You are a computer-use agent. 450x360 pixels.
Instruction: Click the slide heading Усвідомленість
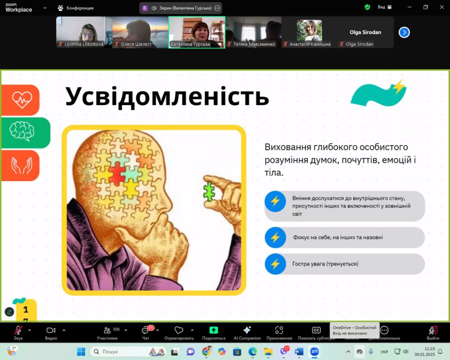pos(167,96)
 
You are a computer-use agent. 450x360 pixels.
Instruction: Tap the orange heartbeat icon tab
pos(20,100)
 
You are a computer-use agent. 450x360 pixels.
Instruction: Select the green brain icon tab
pos(25,132)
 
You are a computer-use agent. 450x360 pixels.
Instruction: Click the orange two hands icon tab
pos(20,165)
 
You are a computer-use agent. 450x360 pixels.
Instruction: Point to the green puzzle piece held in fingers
pos(209,191)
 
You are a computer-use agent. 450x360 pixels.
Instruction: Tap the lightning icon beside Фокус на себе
pos(275,237)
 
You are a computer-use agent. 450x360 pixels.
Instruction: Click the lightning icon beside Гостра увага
pos(275,264)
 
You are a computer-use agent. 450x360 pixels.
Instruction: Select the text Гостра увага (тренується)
pos(325,264)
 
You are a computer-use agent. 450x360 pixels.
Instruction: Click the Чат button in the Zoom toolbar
pos(146,332)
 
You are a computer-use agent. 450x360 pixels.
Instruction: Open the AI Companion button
pos(247,332)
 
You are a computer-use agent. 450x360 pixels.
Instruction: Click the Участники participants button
pos(107,332)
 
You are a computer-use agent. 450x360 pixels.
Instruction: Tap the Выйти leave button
pos(433,332)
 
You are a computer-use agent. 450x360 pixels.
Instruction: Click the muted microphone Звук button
pos(18,332)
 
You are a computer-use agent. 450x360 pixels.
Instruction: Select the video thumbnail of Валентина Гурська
pos(197,32)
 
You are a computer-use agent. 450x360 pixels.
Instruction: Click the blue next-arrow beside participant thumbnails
pos(404,32)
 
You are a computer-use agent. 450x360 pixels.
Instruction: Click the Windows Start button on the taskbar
pos(81,351)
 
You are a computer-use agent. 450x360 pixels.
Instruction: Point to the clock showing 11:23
pos(429,349)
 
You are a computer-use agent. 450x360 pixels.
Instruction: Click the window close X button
pos(441,7)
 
